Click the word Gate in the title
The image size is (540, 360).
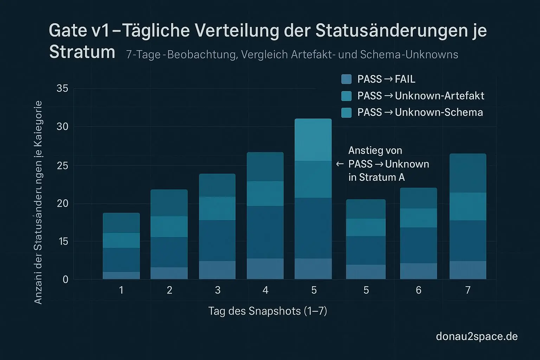67,31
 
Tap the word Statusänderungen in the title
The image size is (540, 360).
390,31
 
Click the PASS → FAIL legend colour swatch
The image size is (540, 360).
346,79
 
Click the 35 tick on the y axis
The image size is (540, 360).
62,88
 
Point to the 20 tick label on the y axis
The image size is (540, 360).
62,204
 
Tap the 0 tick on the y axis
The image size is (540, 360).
65,279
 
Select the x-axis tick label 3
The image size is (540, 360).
218,290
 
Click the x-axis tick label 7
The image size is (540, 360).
468,290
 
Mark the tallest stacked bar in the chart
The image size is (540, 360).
313,199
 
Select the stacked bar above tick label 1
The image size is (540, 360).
121,246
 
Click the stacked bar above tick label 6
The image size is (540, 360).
418,233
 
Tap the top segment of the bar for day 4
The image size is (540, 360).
265,167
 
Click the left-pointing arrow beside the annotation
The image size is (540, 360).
340,164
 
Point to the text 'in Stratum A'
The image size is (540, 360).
377,178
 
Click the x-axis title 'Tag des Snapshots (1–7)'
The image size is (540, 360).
268,311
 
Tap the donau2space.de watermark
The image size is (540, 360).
476,336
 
